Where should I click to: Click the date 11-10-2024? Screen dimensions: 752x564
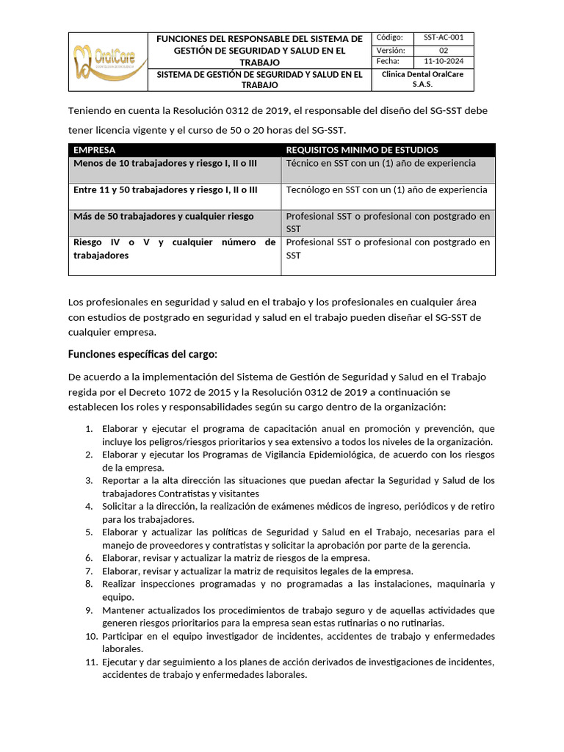[444, 62]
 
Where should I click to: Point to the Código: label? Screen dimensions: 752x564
[390, 38]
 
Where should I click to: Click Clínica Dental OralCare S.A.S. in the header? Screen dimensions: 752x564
[422, 79]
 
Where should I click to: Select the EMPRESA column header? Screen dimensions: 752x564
[95, 150]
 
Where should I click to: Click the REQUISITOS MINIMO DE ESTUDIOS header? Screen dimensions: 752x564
[362, 150]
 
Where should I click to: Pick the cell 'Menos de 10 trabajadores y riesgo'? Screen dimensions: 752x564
[165, 163]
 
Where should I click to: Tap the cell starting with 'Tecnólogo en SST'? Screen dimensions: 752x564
[386, 189]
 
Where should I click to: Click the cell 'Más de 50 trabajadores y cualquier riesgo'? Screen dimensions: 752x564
[164, 216]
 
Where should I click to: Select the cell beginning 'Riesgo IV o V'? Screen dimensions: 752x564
[174, 248]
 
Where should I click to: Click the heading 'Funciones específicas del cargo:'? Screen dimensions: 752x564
[142, 354]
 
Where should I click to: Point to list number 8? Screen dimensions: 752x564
[88, 584]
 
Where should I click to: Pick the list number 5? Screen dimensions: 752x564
[88, 532]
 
